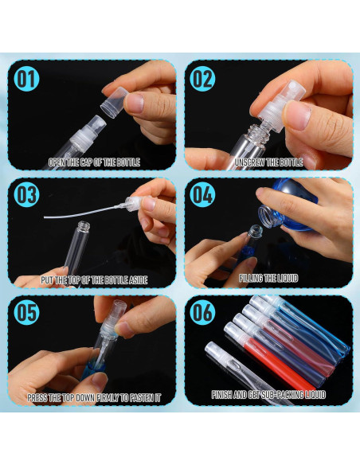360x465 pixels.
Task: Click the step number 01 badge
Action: (25, 78)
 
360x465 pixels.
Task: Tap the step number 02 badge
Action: (202, 78)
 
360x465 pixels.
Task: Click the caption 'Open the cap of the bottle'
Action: (93, 162)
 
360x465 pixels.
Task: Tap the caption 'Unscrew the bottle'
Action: (268, 162)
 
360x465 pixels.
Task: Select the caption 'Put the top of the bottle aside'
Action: (93, 279)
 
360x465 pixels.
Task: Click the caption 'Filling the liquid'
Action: (268, 279)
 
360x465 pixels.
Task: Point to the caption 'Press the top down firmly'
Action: (93, 397)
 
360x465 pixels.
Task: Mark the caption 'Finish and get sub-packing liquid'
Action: (268, 395)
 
